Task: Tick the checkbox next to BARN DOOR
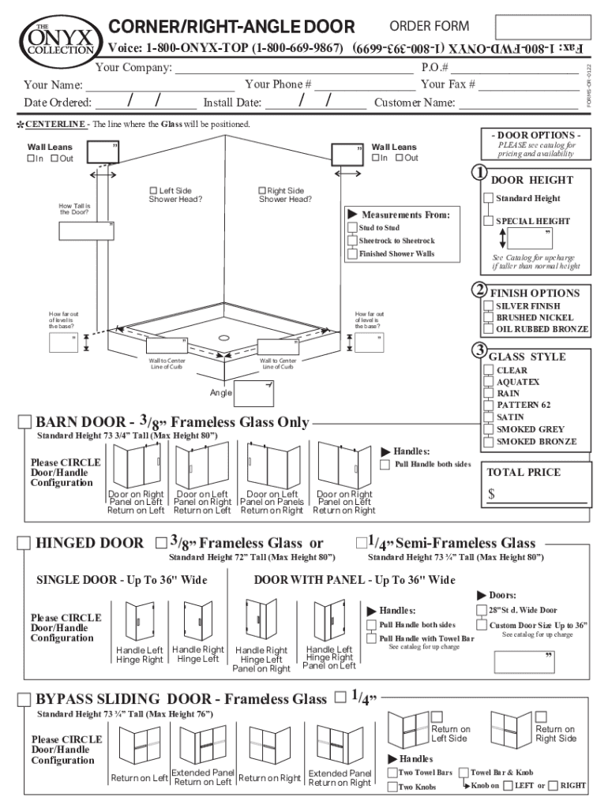[x=24, y=422]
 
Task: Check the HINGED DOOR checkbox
[x=24, y=543]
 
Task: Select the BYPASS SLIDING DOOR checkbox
[x=24, y=699]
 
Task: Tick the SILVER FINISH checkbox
[x=488, y=306]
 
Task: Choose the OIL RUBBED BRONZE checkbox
[x=488, y=329]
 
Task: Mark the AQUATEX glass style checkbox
[x=488, y=382]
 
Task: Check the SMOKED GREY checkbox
[x=488, y=429]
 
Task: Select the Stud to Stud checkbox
[x=352, y=228]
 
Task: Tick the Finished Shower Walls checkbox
[x=352, y=254]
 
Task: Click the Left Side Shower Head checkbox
[x=154, y=191]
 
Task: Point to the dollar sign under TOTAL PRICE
[x=491, y=495]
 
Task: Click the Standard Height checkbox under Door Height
[x=489, y=199]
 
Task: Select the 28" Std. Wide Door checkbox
[x=482, y=610]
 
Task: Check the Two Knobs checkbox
[x=392, y=787]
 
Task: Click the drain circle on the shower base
[x=225, y=337]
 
